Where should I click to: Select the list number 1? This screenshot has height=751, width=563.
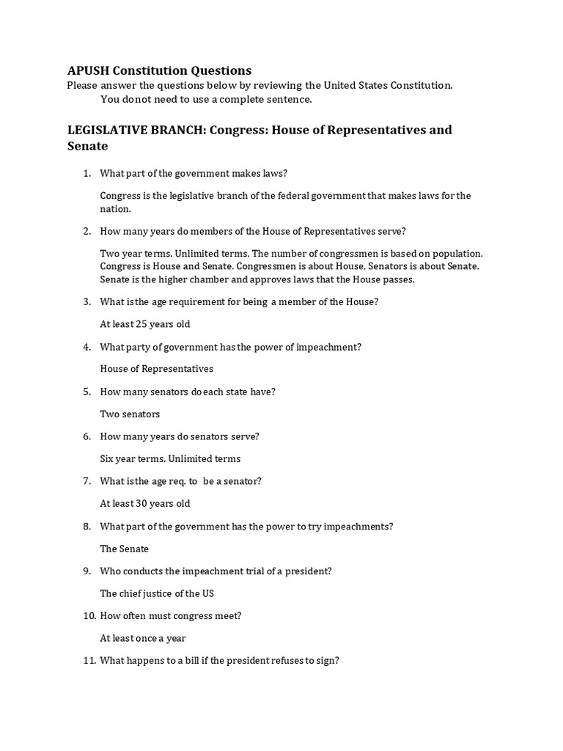pos(86,173)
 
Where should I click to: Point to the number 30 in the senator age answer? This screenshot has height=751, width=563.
pos(144,504)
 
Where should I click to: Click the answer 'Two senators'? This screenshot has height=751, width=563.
pos(130,414)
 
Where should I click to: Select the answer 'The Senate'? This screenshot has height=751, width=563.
pos(124,549)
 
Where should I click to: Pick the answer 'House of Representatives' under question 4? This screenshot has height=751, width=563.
pos(156,369)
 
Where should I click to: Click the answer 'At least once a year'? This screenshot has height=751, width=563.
pos(143,638)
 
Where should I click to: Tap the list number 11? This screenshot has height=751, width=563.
pos(85,661)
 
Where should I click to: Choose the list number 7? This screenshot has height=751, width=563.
pos(86,481)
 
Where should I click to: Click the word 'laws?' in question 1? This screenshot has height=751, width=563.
pos(273,173)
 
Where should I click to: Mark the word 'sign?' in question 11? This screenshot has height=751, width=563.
pos(326,661)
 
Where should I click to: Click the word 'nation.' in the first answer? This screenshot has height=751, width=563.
pos(115,209)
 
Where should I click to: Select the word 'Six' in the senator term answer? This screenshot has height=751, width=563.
pos(107,459)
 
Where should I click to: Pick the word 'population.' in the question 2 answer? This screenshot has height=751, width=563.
pos(457,253)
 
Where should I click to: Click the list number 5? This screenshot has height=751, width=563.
pos(86,392)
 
